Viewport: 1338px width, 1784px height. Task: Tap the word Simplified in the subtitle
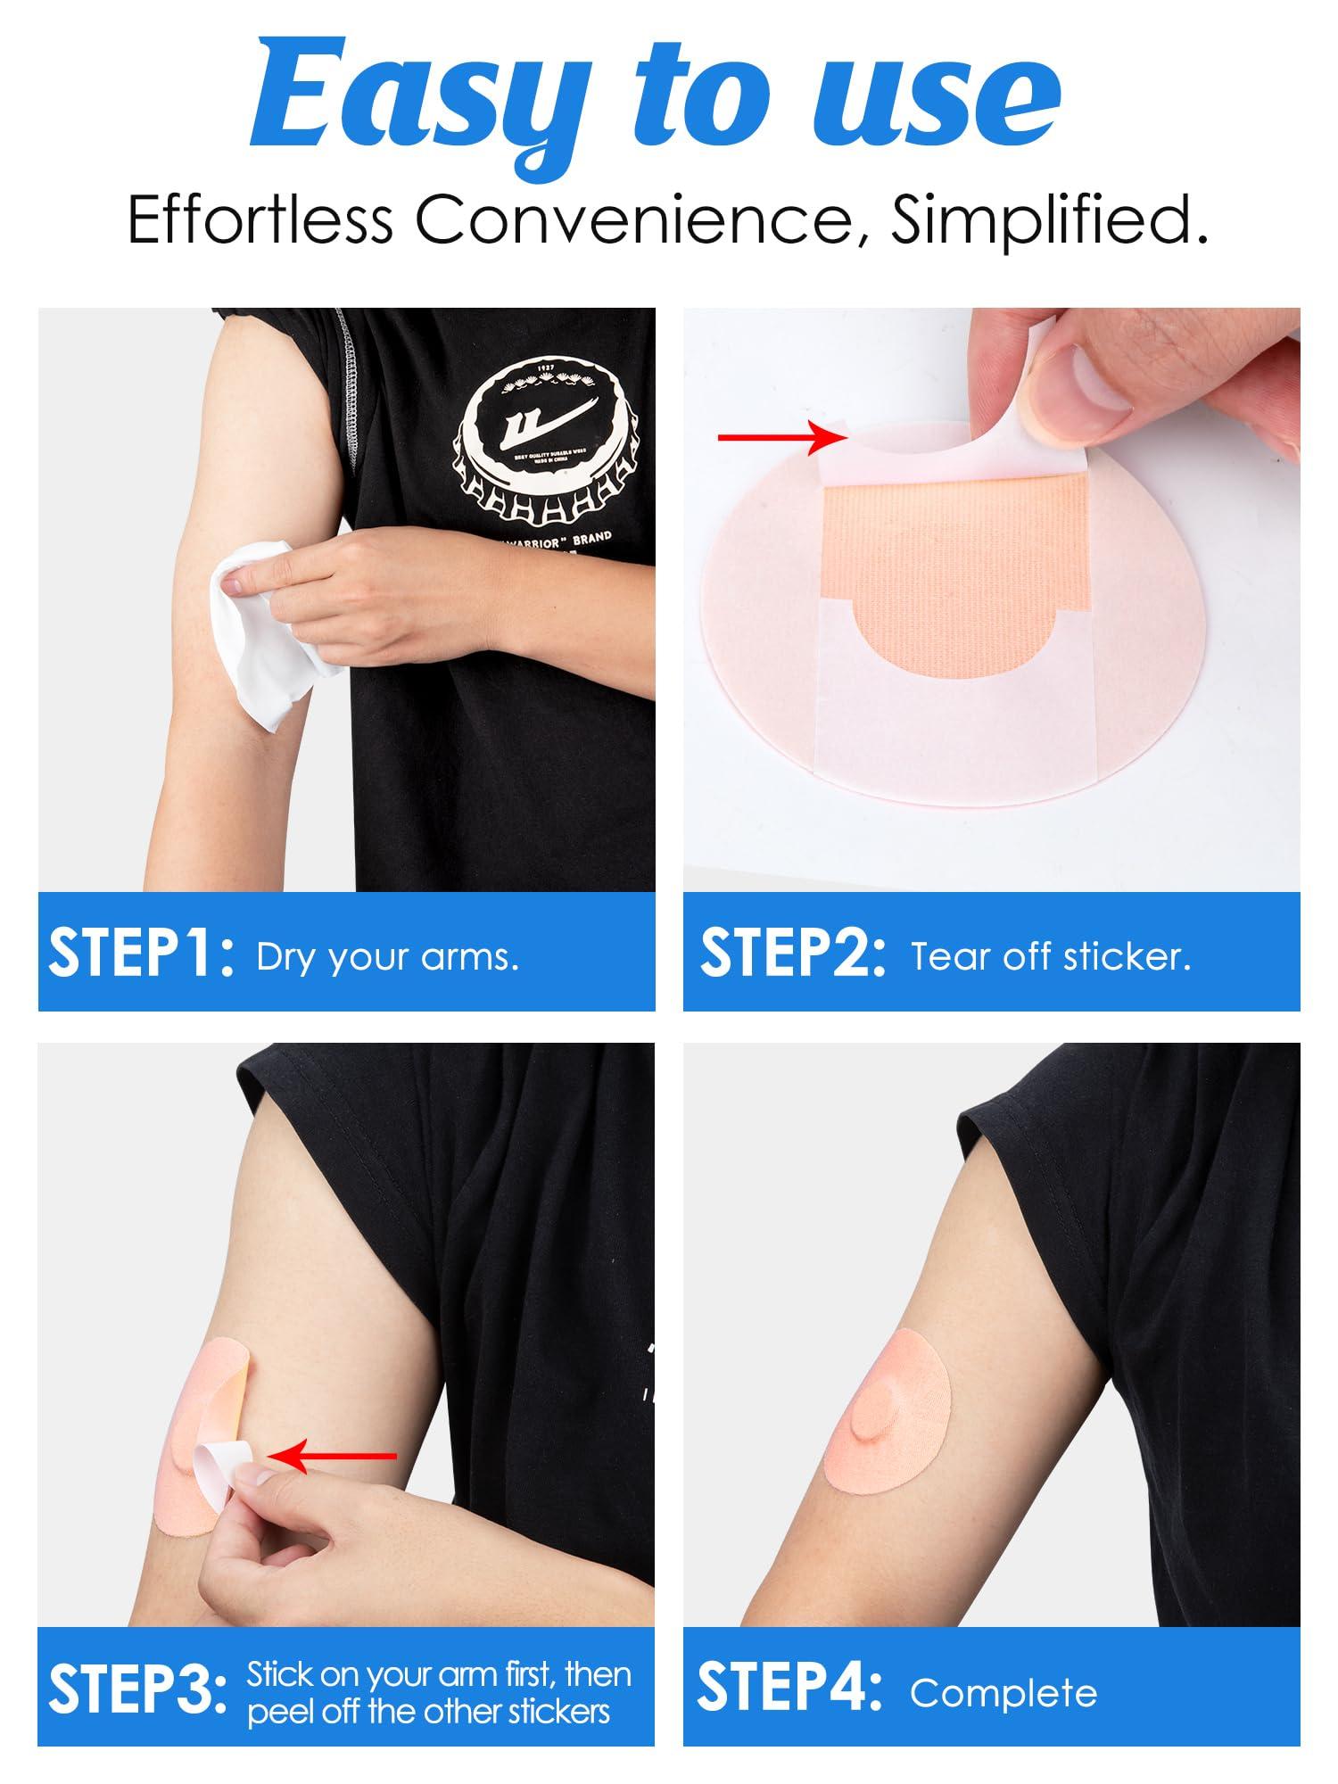tap(1049, 220)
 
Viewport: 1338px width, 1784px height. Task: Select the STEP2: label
tap(793, 954)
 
